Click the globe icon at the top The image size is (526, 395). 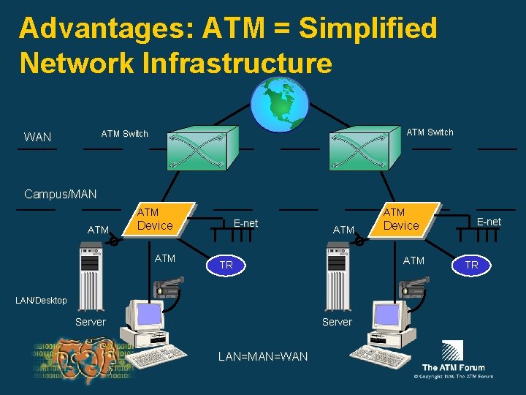[280, 105]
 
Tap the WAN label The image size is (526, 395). [38, 137]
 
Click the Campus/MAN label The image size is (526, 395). [60, 194]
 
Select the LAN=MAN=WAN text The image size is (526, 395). [263, 356]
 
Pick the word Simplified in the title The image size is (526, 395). [368, 29]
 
